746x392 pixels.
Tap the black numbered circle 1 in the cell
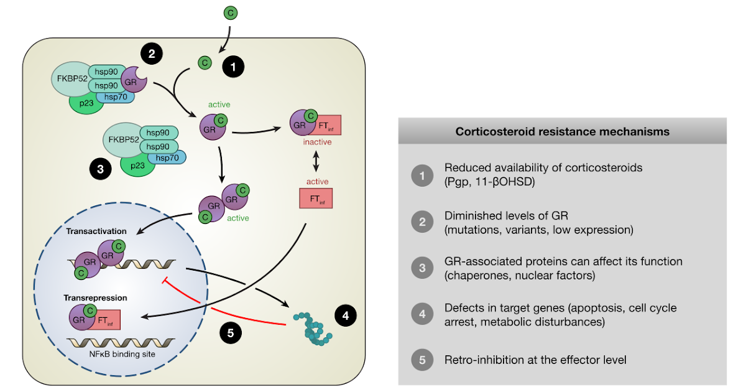coord(234,67)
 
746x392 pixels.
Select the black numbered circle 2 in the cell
coord(151,54)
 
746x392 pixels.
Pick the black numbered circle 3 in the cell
coord(99,168)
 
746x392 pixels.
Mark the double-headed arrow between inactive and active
coord(316,162)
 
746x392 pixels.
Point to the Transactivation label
coord(97,231)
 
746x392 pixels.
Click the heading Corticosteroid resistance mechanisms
coord(562,131)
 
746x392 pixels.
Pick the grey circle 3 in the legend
coord(422,267)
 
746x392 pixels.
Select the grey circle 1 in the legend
coord(422,175)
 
